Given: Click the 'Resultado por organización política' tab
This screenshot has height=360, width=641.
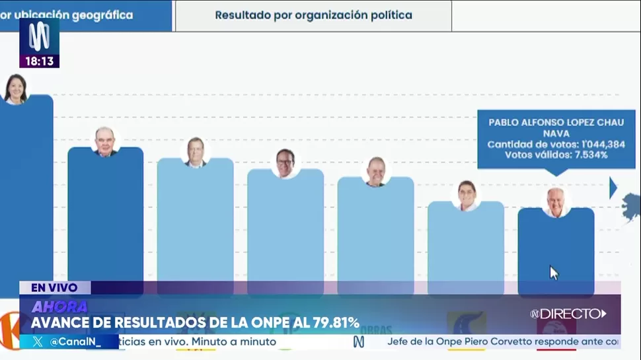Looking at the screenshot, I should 313,15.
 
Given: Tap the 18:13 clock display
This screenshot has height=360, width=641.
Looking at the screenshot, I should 40,61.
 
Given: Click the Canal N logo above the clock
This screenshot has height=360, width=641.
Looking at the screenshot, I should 39,37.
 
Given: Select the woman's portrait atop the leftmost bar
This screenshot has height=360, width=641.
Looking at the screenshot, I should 15,89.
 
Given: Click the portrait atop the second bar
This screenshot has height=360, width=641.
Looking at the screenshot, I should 105,141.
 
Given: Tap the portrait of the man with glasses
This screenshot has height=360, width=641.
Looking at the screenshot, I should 285,163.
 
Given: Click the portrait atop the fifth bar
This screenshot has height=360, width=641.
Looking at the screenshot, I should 375,172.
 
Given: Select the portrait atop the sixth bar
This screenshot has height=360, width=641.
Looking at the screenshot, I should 467,196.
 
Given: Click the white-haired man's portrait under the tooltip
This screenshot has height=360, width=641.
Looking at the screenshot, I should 556,202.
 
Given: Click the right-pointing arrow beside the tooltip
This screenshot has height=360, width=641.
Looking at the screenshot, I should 613,188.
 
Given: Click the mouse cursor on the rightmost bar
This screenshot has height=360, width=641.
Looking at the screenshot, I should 553,272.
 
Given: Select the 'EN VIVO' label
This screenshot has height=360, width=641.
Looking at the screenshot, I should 54,287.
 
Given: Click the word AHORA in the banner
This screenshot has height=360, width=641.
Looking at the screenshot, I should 59,306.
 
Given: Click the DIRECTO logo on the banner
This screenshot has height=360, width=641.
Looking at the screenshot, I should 568,314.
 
